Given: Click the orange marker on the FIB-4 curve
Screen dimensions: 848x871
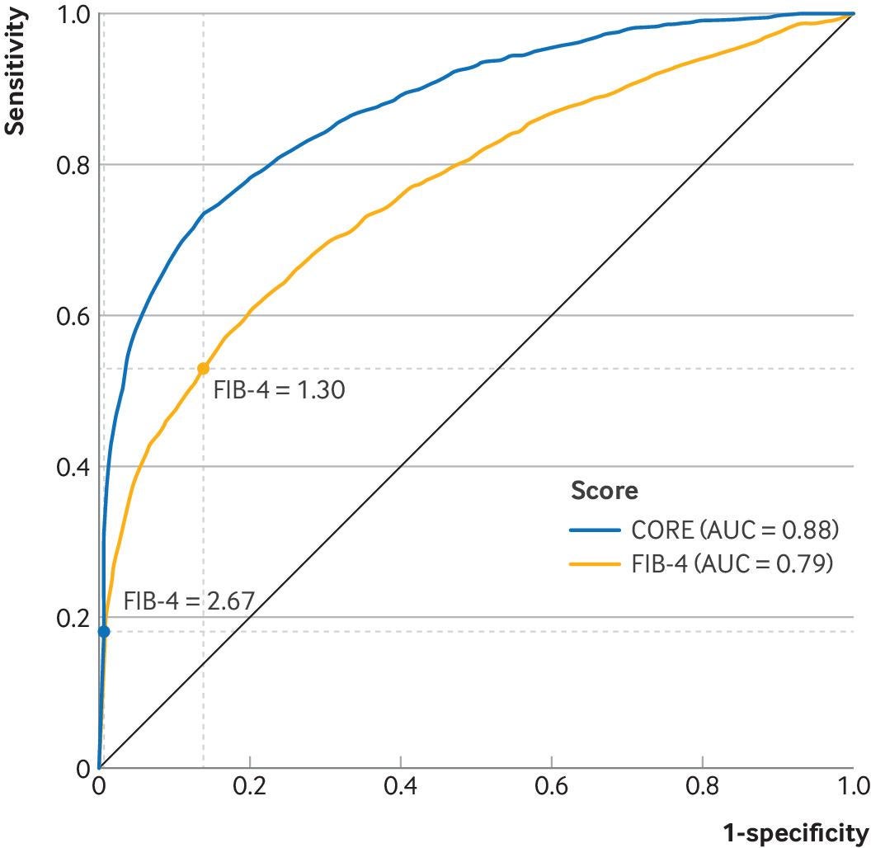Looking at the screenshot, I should pos(203,369).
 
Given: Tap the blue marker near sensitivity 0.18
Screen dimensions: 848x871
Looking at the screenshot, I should pos(103,632).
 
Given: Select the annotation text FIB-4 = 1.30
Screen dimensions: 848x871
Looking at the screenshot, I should pos(279,389).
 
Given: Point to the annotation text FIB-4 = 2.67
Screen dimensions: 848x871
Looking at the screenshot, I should pos(189,601).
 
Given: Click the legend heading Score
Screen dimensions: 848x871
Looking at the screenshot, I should pos(604,491).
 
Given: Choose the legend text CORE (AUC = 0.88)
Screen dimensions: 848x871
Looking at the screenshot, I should pos(735,529).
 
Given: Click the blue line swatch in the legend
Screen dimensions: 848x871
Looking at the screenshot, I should pos(594,529).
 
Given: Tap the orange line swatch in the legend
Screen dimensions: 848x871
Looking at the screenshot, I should pos(594,564).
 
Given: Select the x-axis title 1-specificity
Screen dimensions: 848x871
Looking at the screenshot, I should pos(795,832).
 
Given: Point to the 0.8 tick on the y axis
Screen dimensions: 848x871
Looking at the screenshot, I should pos(73,165).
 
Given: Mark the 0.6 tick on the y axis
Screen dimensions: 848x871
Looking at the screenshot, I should pos(73,316).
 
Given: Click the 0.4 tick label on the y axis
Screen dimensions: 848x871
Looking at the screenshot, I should pos(73,467).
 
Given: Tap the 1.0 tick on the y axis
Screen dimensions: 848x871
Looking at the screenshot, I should pos(73,15).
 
